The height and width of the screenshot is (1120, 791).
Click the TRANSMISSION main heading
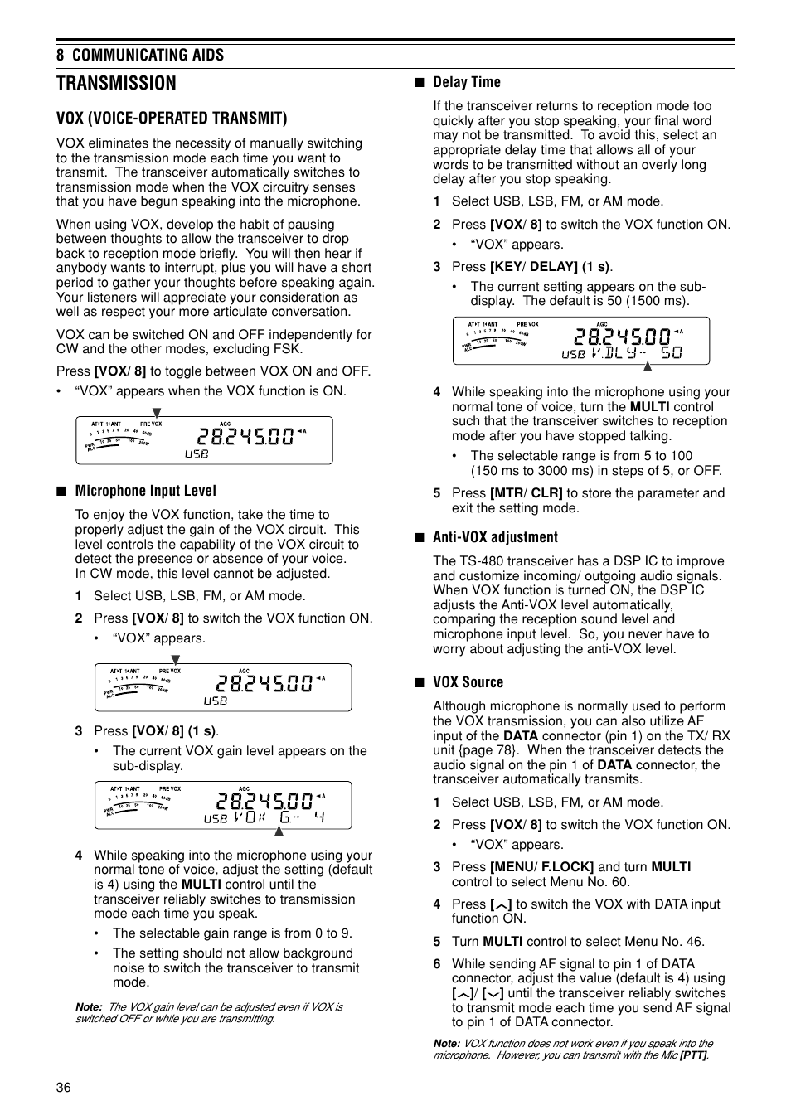[x=116, y=83]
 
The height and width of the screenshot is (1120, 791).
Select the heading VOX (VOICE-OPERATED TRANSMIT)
[x=172, y=118]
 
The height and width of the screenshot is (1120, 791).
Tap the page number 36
[x=64, y=1088]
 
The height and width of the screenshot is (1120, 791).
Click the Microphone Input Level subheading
[x=145, y=491]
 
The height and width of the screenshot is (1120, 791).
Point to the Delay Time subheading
[x=466, y=82]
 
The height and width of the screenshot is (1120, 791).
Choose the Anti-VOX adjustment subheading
[x=495, y=537]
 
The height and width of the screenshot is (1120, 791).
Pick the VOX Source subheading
[x=468, y=682]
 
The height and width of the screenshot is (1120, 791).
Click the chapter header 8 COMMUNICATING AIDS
[x=140, y=55]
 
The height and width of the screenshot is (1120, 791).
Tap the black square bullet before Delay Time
[x=420, y=82]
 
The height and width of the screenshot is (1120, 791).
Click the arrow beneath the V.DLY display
[x=648, y=366]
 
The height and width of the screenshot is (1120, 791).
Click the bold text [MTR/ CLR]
[x=526, y=493]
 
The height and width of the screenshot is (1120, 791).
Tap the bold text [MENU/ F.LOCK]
[x=541, y=867]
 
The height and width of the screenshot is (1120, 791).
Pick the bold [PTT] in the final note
[x=694, y=1055]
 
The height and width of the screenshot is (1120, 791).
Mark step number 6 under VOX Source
[x=437, y=964]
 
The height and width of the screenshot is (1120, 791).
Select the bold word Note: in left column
[x=89, y=1007]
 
